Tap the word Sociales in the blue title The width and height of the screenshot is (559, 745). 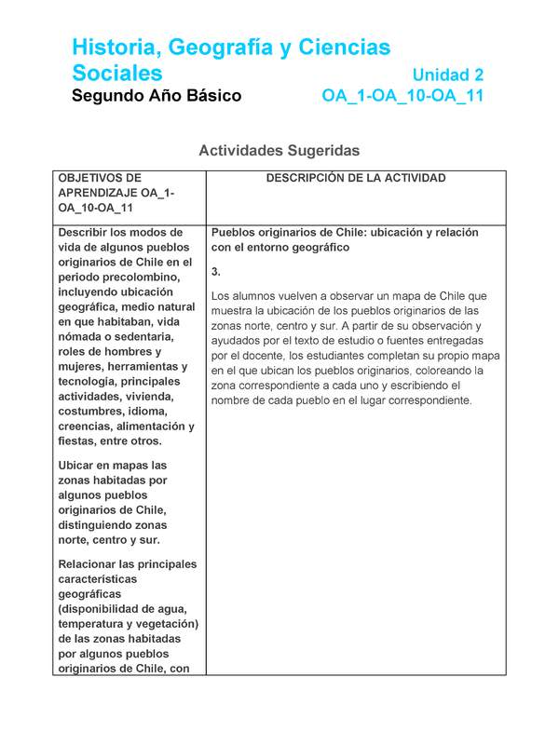coord(117,73)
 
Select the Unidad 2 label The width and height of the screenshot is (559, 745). coord(448,74)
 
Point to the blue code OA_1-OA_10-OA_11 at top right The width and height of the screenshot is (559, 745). coord(402,96)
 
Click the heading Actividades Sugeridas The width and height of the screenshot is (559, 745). coord(279,150)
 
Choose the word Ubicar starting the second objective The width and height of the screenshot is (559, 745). coord(77,465)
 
